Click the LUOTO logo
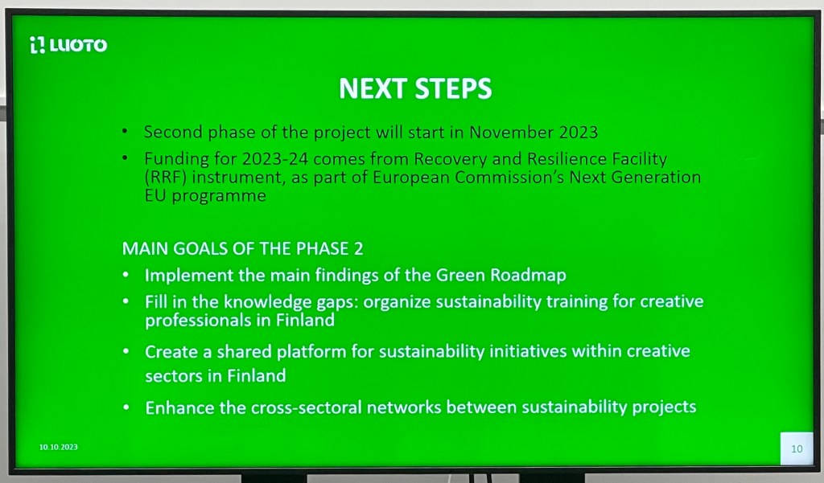pyautogui.click(x=68, y=45)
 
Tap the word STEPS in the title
pyautogui.click(x=454, y=88)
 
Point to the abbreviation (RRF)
pyautogui.click(x=166, y=178)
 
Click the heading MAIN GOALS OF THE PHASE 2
pyautogui.click(x=242, y=248)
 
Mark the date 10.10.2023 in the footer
pyautogui.click(x=58, y=447)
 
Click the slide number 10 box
pyautogui.click(x=797, y=448)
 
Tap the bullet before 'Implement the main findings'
pyautogui.click(x=126, y=275)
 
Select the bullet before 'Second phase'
pyautogui.click(x=125, y=131)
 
